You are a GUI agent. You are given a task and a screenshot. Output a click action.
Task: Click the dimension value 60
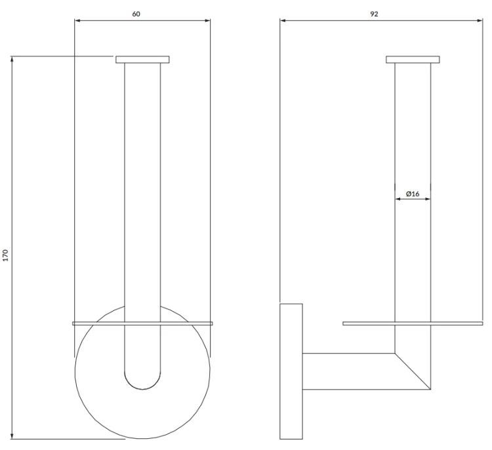tap(136, 14)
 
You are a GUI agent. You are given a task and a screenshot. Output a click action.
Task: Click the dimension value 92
tap(374, 14)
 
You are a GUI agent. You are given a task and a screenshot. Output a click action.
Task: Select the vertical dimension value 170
tap(5, 255)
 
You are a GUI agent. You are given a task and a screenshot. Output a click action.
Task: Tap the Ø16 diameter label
tap(413, 194)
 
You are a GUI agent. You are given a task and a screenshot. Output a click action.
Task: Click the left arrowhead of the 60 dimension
tap(77, 21)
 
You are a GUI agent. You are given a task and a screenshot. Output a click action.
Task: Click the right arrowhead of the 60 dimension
tap(207, 21)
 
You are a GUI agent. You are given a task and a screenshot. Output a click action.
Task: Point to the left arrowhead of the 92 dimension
tap(283, 21)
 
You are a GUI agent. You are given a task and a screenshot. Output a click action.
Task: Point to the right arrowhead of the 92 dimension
tap(480, 21)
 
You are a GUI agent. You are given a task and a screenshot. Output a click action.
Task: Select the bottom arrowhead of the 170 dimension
tap(12, 436)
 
